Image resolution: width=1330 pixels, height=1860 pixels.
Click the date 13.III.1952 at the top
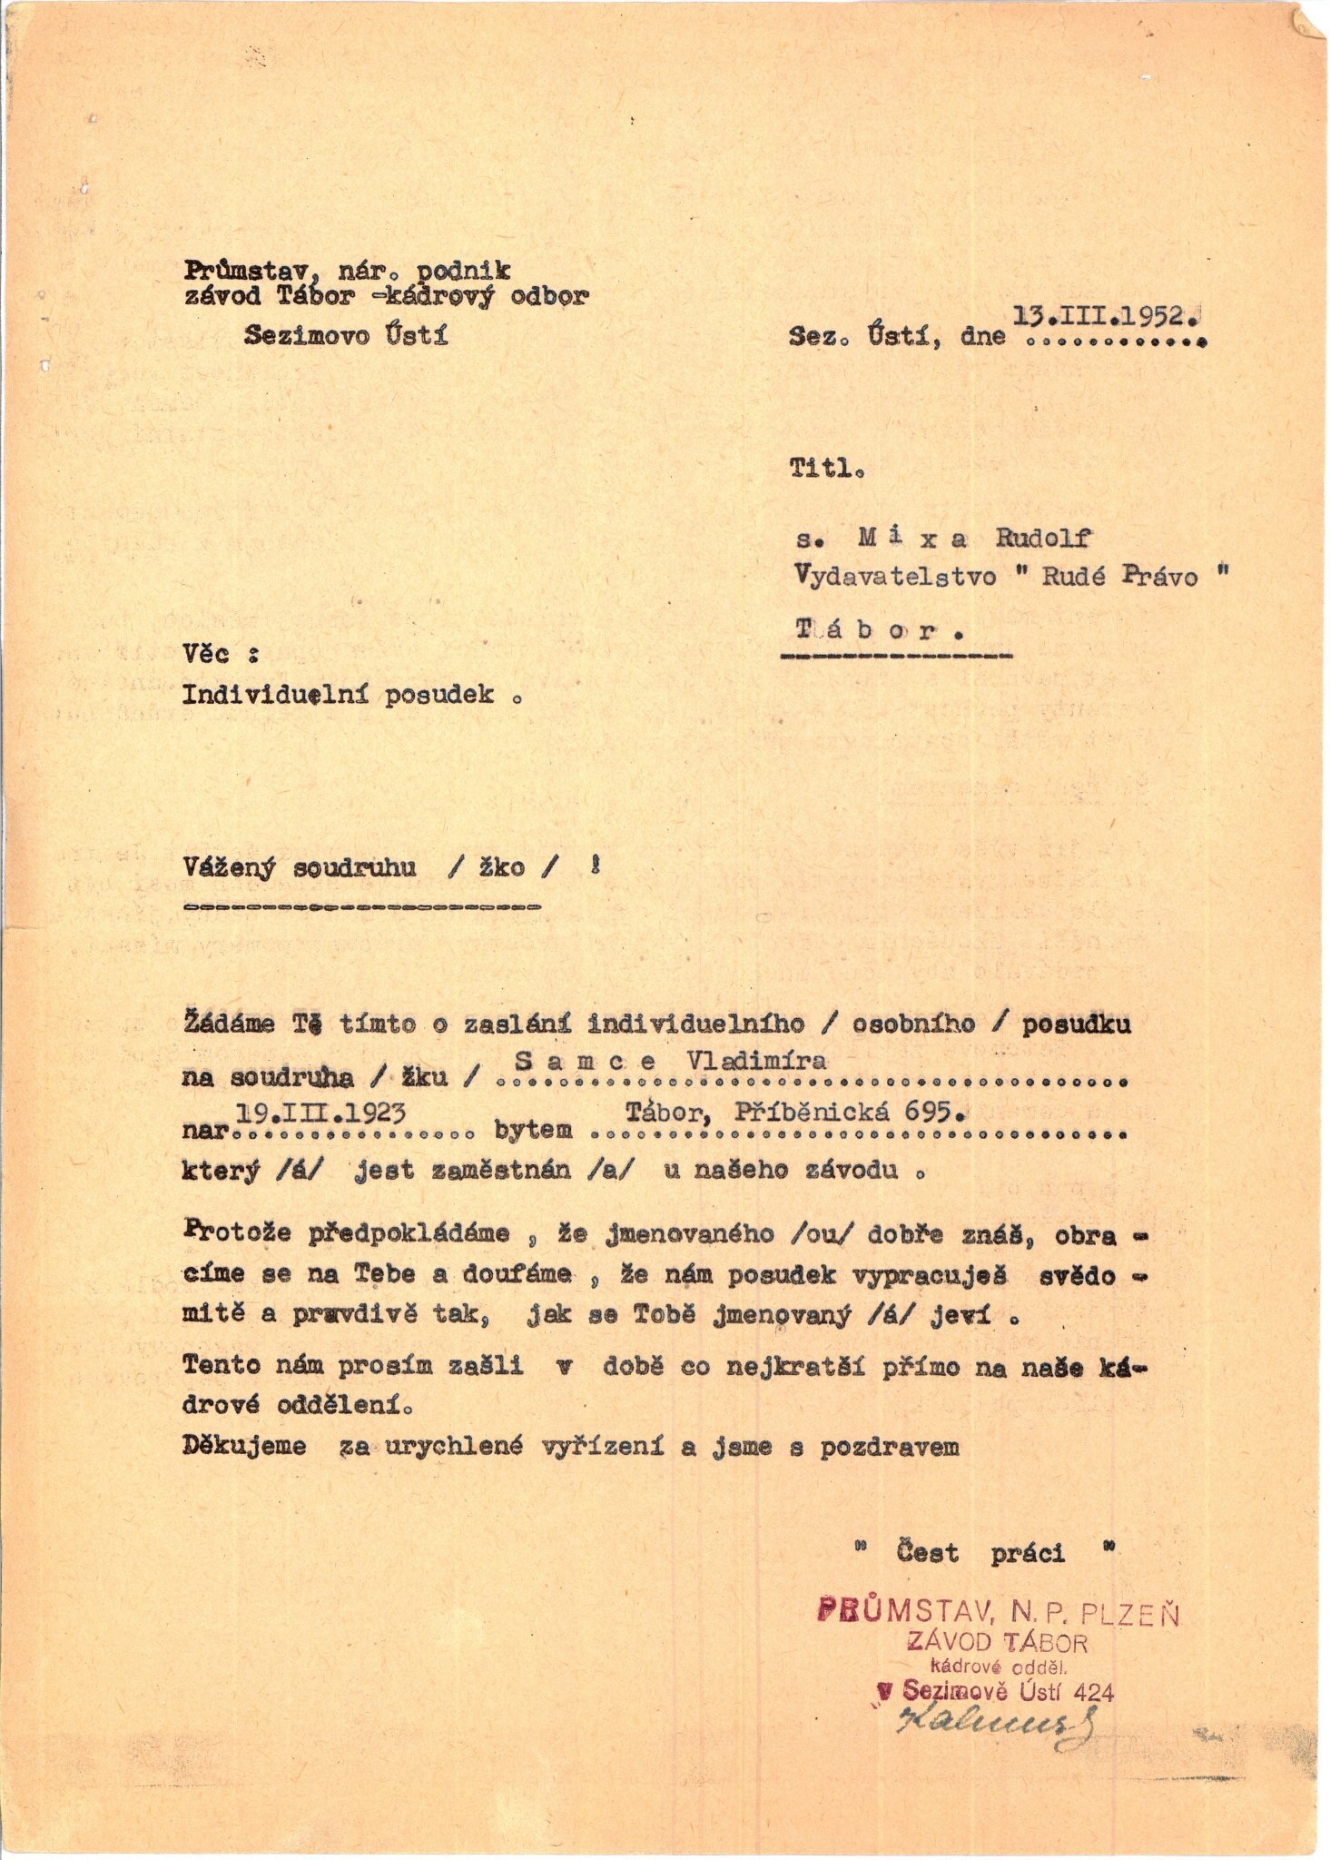click(1108, 318)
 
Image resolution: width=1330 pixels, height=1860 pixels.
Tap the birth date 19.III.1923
click(320, 1113)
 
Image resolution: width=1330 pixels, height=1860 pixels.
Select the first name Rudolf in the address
click(1042, 539)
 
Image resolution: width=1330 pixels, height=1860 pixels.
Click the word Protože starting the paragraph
click(238, 1233)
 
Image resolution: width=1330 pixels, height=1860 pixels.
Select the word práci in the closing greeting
click(1028, 1554)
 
